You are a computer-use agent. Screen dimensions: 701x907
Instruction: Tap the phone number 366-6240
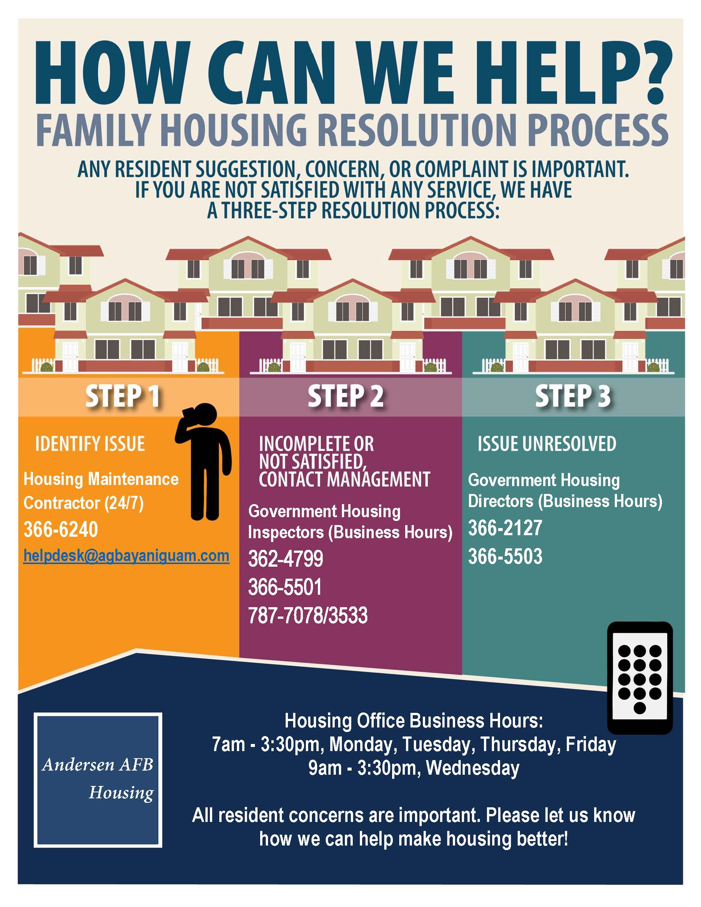click(x=61, y=530)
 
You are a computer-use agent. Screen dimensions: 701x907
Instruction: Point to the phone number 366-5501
click(x=285, y=587)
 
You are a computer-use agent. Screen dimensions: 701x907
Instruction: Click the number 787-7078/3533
click(x=308, y=615)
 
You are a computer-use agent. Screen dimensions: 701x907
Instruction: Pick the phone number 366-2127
click(x=505, y=528)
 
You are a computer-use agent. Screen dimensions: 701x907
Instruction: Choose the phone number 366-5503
click(x=505, y=556)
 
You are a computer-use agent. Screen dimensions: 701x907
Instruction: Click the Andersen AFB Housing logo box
click(x=97, y=780)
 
